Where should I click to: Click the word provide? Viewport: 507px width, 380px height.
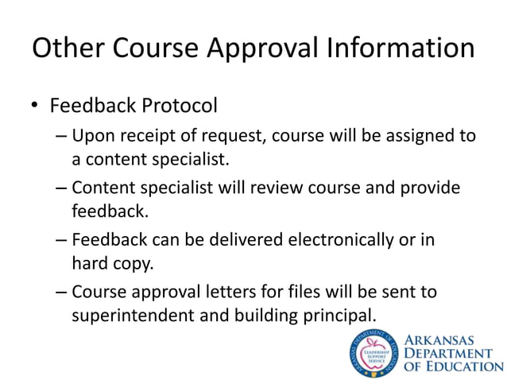430,188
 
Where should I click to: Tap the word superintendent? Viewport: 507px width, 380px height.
130,315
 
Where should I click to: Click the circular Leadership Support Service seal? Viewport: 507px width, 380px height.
372,352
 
